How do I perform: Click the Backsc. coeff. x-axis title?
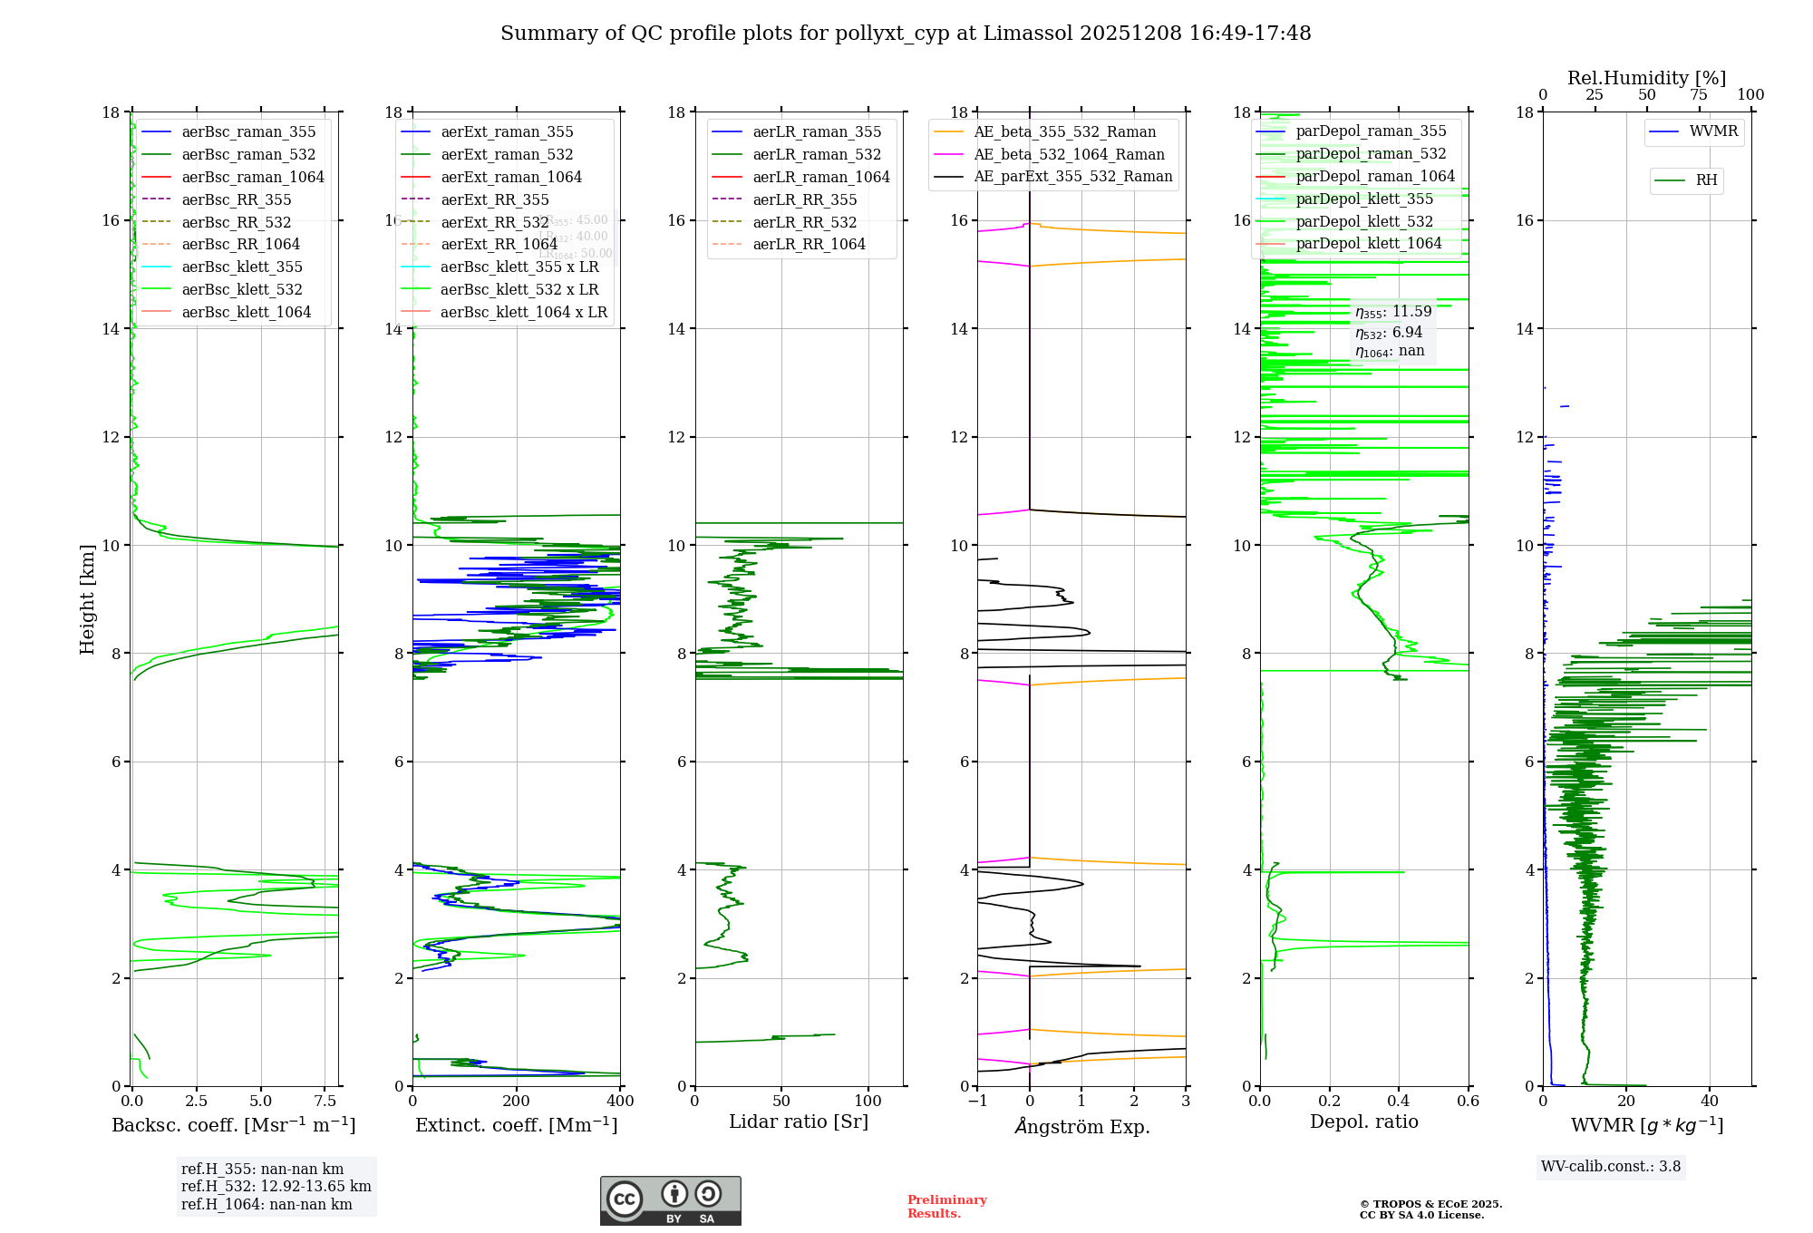pyautogui.click(x=234, y=1125)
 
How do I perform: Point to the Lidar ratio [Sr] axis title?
pyautogui.click(x=799, y=1122)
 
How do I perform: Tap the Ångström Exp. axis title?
pyautogui.click(x=1082, y=1127)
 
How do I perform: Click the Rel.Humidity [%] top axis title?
pyautogui.click(x=1646, y=78)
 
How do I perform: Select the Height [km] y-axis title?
pyautogui.click(x=87, y=599)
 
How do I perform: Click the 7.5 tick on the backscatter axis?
pyautogui.click(x=325, y=1102)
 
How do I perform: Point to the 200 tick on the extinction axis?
pyautogui.click(x=517, y=1102)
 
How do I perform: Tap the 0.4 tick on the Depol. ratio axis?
pyautogui.click(x=1399, y=1102)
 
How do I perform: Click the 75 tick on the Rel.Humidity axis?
pyautogui.click(x=1699, y=95)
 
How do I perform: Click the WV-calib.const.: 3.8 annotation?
pyautogui.click(x=1611, y=1167)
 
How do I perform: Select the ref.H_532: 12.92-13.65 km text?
pyautogui.click(x=276, y=1187)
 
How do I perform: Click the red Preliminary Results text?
pyautogui.click(x=946, y=1207)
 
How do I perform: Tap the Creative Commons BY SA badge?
pyautogui.click(x=670, y=1201)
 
